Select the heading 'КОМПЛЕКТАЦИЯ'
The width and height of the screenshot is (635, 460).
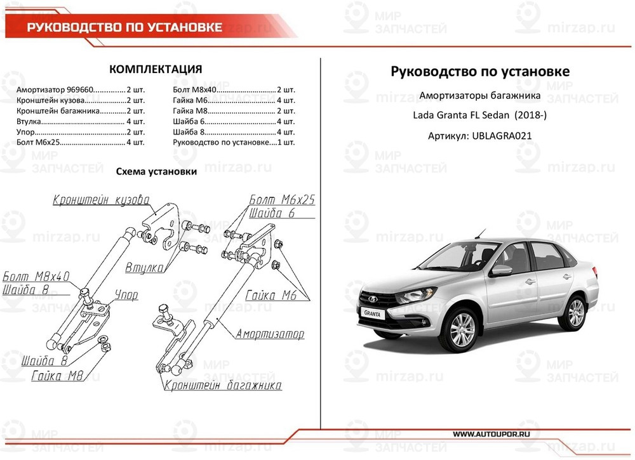pyautogui.click(x=156, y=69)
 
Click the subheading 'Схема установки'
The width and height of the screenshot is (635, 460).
pyautogui.click(x=156, y=172)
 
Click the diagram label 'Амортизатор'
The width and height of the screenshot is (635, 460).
pyautogui.click(x=270, y=334)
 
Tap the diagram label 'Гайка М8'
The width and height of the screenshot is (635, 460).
pyautogui.click(x=58, y=376)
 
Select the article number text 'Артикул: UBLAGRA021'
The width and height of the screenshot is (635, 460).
pyautogui.click(x=479, y=136)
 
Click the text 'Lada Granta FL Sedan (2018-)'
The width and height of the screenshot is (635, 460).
pyautogui.click(x=479, y=116)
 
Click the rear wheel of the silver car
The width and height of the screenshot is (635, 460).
pyautogui.click(x=575, y=313)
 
